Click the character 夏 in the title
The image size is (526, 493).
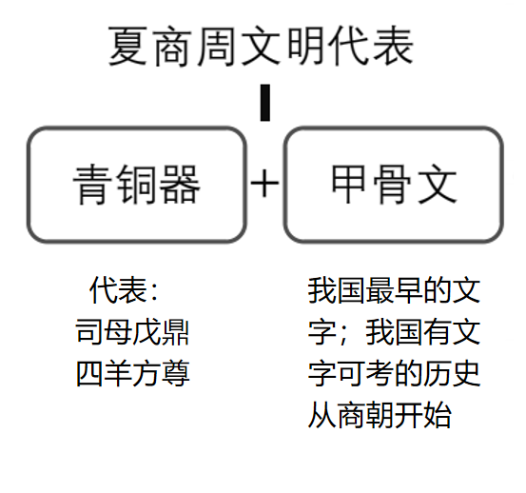(x=127, y=46)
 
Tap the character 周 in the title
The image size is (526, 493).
(x=216, y=47)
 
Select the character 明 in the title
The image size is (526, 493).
(x=304, y=47)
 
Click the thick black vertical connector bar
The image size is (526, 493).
(x=265, y=103)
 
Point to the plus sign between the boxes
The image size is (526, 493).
(x=264, y=184)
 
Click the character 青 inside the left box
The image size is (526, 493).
(x=93, y=185)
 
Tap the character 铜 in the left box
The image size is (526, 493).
(x=136, y=185)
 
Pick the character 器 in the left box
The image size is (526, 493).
(x=180, y=185)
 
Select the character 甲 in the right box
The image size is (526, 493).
(x=348, y=185)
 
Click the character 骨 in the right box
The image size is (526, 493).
(x=392, y=185)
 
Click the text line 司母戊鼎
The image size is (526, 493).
(x=132, y=332)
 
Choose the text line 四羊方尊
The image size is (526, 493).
(x=133, y=373)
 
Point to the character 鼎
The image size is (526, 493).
(x=175, y=332)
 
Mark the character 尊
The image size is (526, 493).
(x=176, y=373)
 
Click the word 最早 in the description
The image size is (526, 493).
(x=394, y=290)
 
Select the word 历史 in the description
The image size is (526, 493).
(x=452, y=373)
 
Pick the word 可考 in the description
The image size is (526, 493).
(x=365, y=373)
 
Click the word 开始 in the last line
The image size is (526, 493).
(x=422, y=415)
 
